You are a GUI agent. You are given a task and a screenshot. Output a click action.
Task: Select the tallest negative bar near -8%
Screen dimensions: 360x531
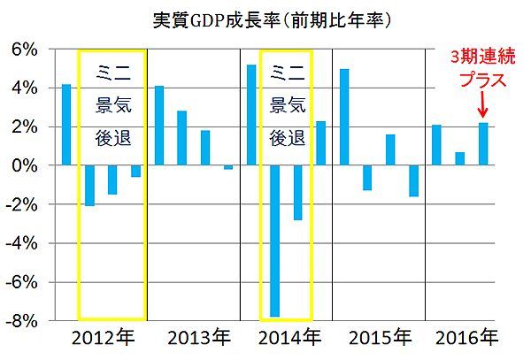(275, 240)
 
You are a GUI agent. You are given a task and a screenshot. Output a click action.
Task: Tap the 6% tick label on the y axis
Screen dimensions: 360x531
(24, 50)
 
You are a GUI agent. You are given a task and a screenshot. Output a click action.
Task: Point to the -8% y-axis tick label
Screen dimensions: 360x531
(21, 320)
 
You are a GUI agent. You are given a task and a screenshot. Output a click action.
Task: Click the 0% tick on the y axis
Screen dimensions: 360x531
(24, 165)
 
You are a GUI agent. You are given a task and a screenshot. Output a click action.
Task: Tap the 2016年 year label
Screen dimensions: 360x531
(467, 338)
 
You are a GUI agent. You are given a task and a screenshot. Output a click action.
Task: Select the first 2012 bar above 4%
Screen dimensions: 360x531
(66, 125)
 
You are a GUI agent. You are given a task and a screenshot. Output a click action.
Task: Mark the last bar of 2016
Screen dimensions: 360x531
(482, 144)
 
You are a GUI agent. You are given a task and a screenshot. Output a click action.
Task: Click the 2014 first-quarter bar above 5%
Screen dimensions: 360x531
(252, 115)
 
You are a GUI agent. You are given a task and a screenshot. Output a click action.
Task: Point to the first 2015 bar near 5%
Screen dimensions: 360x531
(344, 117)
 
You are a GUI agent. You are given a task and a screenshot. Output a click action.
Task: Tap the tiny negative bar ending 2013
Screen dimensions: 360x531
(228, 167)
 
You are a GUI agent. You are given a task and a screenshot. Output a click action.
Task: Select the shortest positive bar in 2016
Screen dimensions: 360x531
(459, 158)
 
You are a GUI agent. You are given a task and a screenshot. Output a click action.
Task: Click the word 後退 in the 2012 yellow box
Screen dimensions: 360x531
(112, 137)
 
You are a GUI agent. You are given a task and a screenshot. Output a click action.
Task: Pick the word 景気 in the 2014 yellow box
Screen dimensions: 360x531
(286, 104)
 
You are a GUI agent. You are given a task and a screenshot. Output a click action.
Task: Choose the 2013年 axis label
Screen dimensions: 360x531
(194, 338)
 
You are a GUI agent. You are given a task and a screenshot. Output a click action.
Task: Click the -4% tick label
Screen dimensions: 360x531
(21, 243)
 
